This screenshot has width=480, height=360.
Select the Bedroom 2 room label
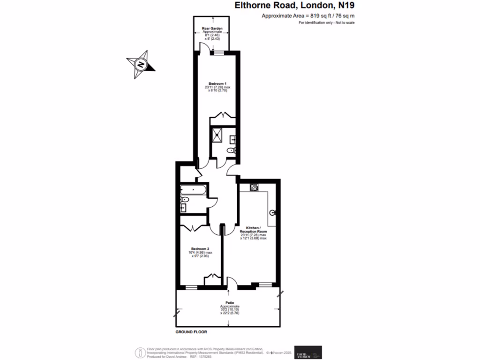click(x=200, y=248)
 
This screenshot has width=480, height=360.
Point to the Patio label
click(x=230, y=303)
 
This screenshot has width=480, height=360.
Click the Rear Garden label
click(x=212, y=29)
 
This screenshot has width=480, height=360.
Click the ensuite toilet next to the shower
click(x=230, y=150)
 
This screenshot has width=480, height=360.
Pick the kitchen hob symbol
click(x=254, y=187)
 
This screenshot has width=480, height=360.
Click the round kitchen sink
click(x=273, y=212)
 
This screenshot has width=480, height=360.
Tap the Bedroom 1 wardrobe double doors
click(x=219, y=116)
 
